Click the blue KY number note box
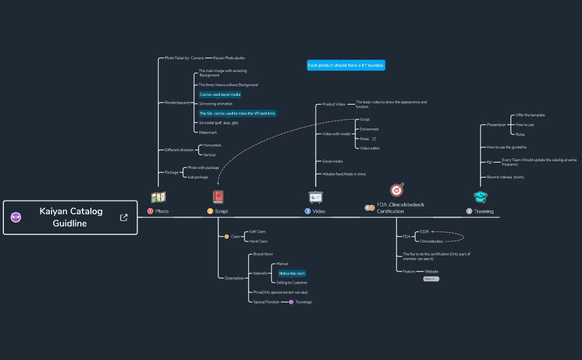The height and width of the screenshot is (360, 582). point(346,65)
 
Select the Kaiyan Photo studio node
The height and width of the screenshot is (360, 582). point(229,58)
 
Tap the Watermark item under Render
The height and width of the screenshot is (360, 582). point(208,132)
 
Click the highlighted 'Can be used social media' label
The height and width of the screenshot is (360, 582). point(220,95)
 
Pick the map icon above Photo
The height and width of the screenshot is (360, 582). point(158,197)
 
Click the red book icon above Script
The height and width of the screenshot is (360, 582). point(218,197)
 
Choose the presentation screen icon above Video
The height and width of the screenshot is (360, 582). point(316,197)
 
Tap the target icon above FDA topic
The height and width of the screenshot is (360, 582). point(397,190)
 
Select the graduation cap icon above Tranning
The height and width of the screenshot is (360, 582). point(480,197)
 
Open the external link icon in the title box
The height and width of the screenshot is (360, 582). point(124,218)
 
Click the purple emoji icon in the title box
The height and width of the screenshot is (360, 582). point(16,217)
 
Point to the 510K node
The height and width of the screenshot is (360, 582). point(425,232)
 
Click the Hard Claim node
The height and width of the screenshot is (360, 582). point(258,241)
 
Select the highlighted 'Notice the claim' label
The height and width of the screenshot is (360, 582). point(292,273)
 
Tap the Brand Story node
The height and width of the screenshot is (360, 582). point(263,254)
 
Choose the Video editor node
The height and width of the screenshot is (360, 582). point(370,148)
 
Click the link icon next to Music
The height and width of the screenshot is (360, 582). point(374,139)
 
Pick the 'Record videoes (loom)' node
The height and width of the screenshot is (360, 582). point(505,177)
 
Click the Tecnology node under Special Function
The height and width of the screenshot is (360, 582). point(303,302)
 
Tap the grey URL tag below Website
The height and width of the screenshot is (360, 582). point(431,279)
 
